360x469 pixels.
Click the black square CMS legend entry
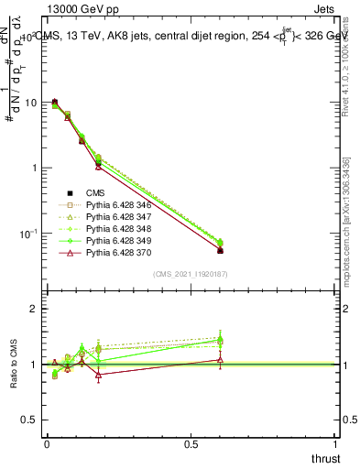[x=92, y=193]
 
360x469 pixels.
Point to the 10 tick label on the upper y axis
[x=30, y=103]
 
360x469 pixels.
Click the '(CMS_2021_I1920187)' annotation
[x=191, y=274]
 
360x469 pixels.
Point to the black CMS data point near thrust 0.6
[x=220, y=250]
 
